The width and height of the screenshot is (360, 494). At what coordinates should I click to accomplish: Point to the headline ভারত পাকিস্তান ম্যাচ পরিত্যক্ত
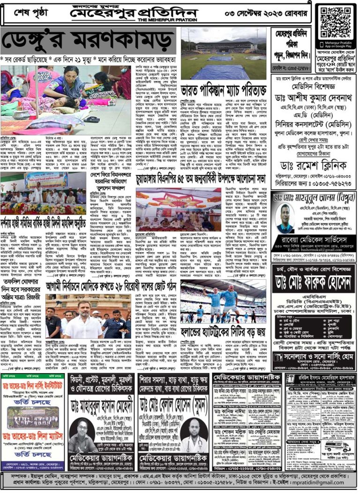coord(223,89)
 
